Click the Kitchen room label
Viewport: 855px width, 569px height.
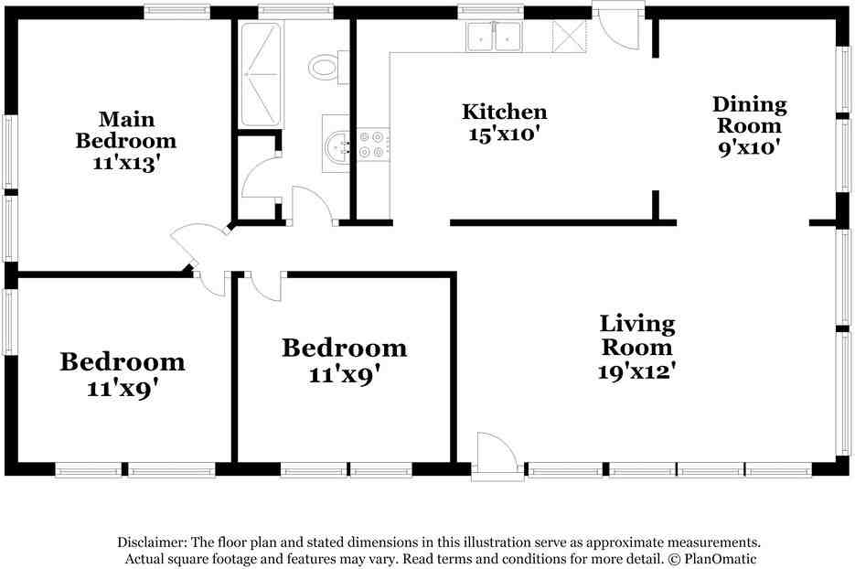point(504,113)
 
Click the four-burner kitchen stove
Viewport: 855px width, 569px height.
point(371,145)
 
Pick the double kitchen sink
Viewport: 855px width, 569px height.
point(494,37)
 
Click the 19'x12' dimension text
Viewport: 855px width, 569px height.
point(637,371)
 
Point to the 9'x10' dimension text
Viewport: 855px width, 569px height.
point(749,146)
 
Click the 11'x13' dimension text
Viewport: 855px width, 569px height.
point(126,163)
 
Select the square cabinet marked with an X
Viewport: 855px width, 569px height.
point(569,37)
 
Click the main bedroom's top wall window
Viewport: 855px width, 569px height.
point(177,12)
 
